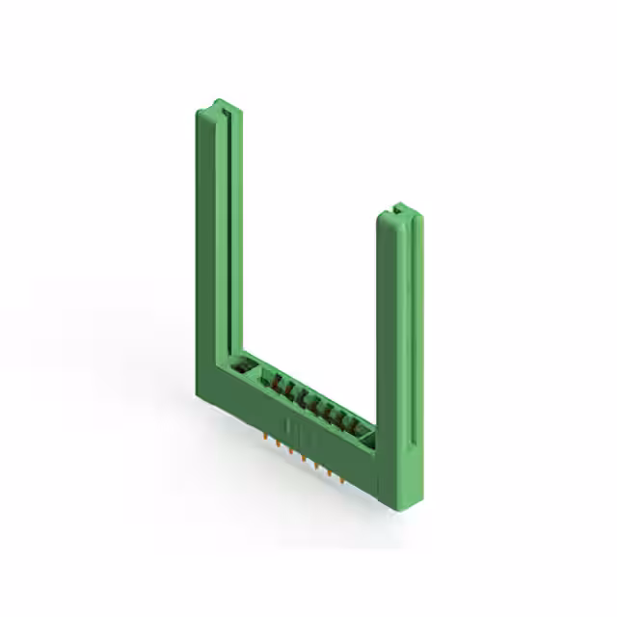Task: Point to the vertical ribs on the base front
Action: point(289,429)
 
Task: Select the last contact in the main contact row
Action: point(349,424)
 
